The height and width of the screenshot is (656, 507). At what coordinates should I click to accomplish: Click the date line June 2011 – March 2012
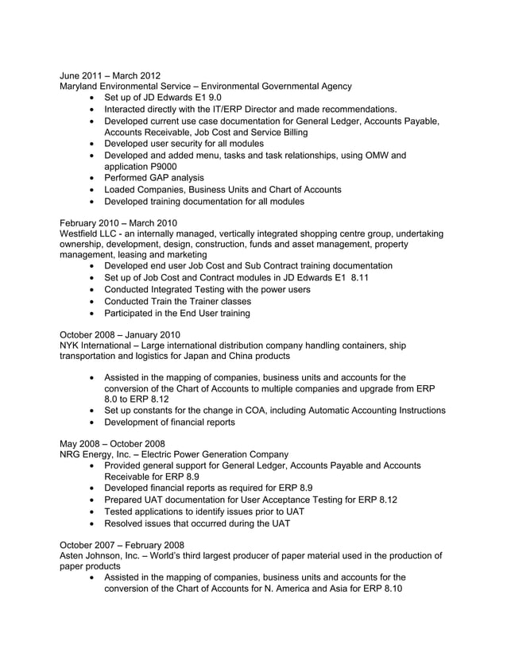tap(110, 75)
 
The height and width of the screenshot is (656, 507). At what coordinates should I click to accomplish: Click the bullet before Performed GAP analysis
tap(95, 179)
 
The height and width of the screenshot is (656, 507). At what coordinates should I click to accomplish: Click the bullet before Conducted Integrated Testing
tap(95, 290)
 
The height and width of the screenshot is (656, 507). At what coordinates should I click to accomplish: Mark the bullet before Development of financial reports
tap(95, 423)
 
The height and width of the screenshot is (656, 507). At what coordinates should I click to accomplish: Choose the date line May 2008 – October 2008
tap(112, 442)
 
